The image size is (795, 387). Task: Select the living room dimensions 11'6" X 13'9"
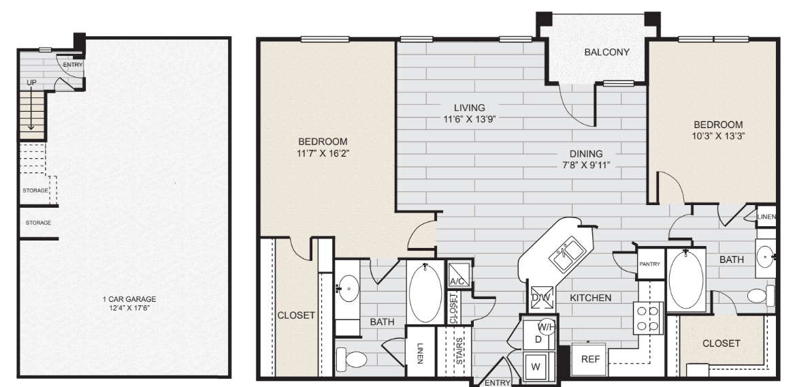[470, 121]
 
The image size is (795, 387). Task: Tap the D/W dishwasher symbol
[541, 298]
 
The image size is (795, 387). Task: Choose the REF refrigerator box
[588, 359]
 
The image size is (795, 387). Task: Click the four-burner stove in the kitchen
[647, 318]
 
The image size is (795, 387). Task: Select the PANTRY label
[650, 264]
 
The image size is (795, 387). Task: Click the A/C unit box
[457, 275]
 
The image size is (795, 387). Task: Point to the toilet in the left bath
[352, 358]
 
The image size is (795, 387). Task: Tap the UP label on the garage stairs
[31, 82]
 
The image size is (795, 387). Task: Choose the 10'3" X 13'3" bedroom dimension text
[717, 136]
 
